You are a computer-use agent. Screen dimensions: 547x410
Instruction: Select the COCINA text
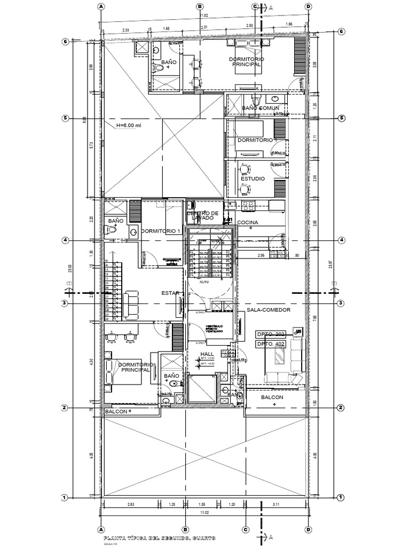(248, 222)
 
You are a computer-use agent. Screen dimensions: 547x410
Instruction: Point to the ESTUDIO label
(253, 178)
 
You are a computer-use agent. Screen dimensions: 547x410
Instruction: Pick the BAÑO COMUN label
(260, 108)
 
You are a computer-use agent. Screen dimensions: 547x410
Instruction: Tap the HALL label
(207, 354)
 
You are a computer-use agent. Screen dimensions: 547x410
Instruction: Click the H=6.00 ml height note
(129, 126)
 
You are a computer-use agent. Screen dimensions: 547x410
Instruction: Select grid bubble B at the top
(200, 6)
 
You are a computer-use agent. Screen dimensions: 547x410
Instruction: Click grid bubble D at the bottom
(308, 529)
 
